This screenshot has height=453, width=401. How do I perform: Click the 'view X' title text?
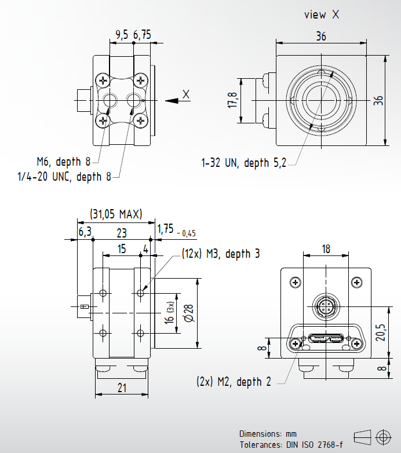tap(321, 15)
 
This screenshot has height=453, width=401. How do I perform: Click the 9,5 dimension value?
tap(122, 35)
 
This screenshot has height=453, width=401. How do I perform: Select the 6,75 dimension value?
tap(142, 35)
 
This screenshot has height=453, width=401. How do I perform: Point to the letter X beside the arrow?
tap(186, 94)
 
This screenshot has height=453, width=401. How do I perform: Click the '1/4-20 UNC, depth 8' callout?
tap(64, 177)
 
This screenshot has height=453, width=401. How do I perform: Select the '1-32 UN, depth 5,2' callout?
tap(244, 164)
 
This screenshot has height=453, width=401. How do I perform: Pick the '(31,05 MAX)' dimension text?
tap(116, 214)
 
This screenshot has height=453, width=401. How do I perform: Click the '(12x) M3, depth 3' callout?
tap(220, 254)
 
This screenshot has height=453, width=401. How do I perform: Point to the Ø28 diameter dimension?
tap(188, 313)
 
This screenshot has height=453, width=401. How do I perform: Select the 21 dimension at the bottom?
tap(122, 388)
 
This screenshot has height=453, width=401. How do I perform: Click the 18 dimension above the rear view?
tap(326, 249)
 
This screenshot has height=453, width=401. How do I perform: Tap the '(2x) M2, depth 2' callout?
tap(233, 382)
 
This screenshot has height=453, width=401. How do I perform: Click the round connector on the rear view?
tap(326, 306)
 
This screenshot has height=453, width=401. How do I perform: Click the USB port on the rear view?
tap(326, 339)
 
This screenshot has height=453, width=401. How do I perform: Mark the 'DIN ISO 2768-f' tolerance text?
tap(313, 444)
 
